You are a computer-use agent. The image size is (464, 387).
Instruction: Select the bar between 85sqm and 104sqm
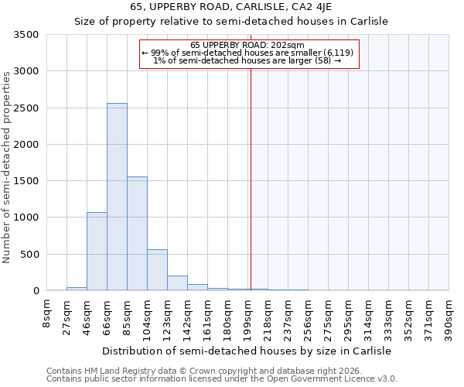[137, 233]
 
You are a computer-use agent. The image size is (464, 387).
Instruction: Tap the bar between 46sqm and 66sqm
[97, 251]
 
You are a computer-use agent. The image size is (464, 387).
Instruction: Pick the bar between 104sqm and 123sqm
[157, 270]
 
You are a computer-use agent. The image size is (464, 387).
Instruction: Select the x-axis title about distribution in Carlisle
[247, 351]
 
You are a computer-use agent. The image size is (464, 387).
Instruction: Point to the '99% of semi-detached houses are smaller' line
[247, 53]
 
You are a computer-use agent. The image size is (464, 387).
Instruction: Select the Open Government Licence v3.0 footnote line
[221, 378]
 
